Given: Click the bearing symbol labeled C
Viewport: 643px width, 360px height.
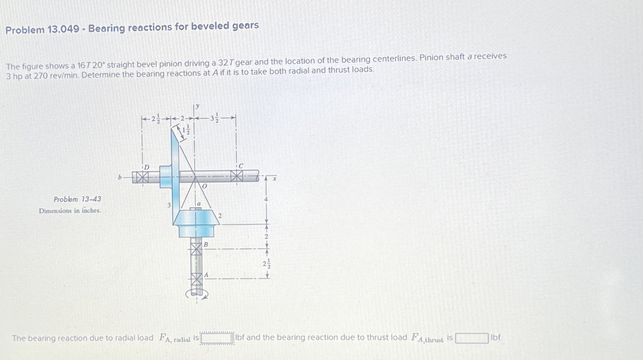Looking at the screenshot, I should (237, 176).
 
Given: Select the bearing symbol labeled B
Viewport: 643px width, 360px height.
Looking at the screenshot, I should (196, 250).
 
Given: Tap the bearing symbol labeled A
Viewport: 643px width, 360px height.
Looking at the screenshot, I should (196, 279).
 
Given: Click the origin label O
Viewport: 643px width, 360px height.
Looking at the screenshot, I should (204, 186).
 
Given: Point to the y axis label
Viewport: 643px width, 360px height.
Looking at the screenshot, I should (197, 106).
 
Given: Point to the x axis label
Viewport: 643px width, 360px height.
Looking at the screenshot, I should (274, 179).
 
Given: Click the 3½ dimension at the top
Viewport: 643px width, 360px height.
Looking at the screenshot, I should (214, 118).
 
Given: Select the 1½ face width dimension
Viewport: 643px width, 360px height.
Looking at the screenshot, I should (186, 129).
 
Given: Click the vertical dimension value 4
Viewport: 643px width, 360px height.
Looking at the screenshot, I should (266, 199).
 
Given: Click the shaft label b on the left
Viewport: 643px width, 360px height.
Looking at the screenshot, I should (120, 177).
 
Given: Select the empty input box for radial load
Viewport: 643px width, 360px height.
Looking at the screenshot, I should (217, 338).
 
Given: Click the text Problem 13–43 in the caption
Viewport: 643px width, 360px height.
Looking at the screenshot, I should (77, 199).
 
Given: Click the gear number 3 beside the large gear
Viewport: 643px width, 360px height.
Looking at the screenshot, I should (169, 205).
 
